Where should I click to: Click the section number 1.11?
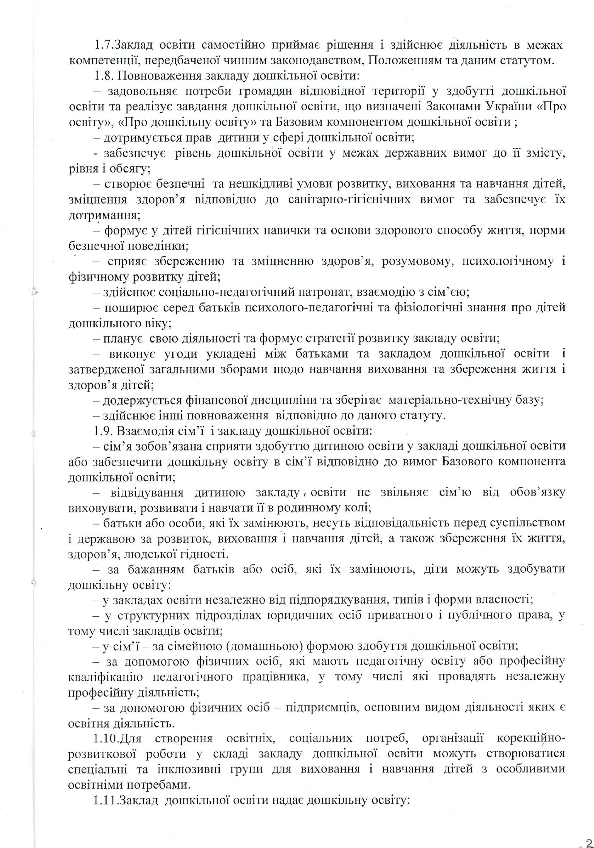107,800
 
